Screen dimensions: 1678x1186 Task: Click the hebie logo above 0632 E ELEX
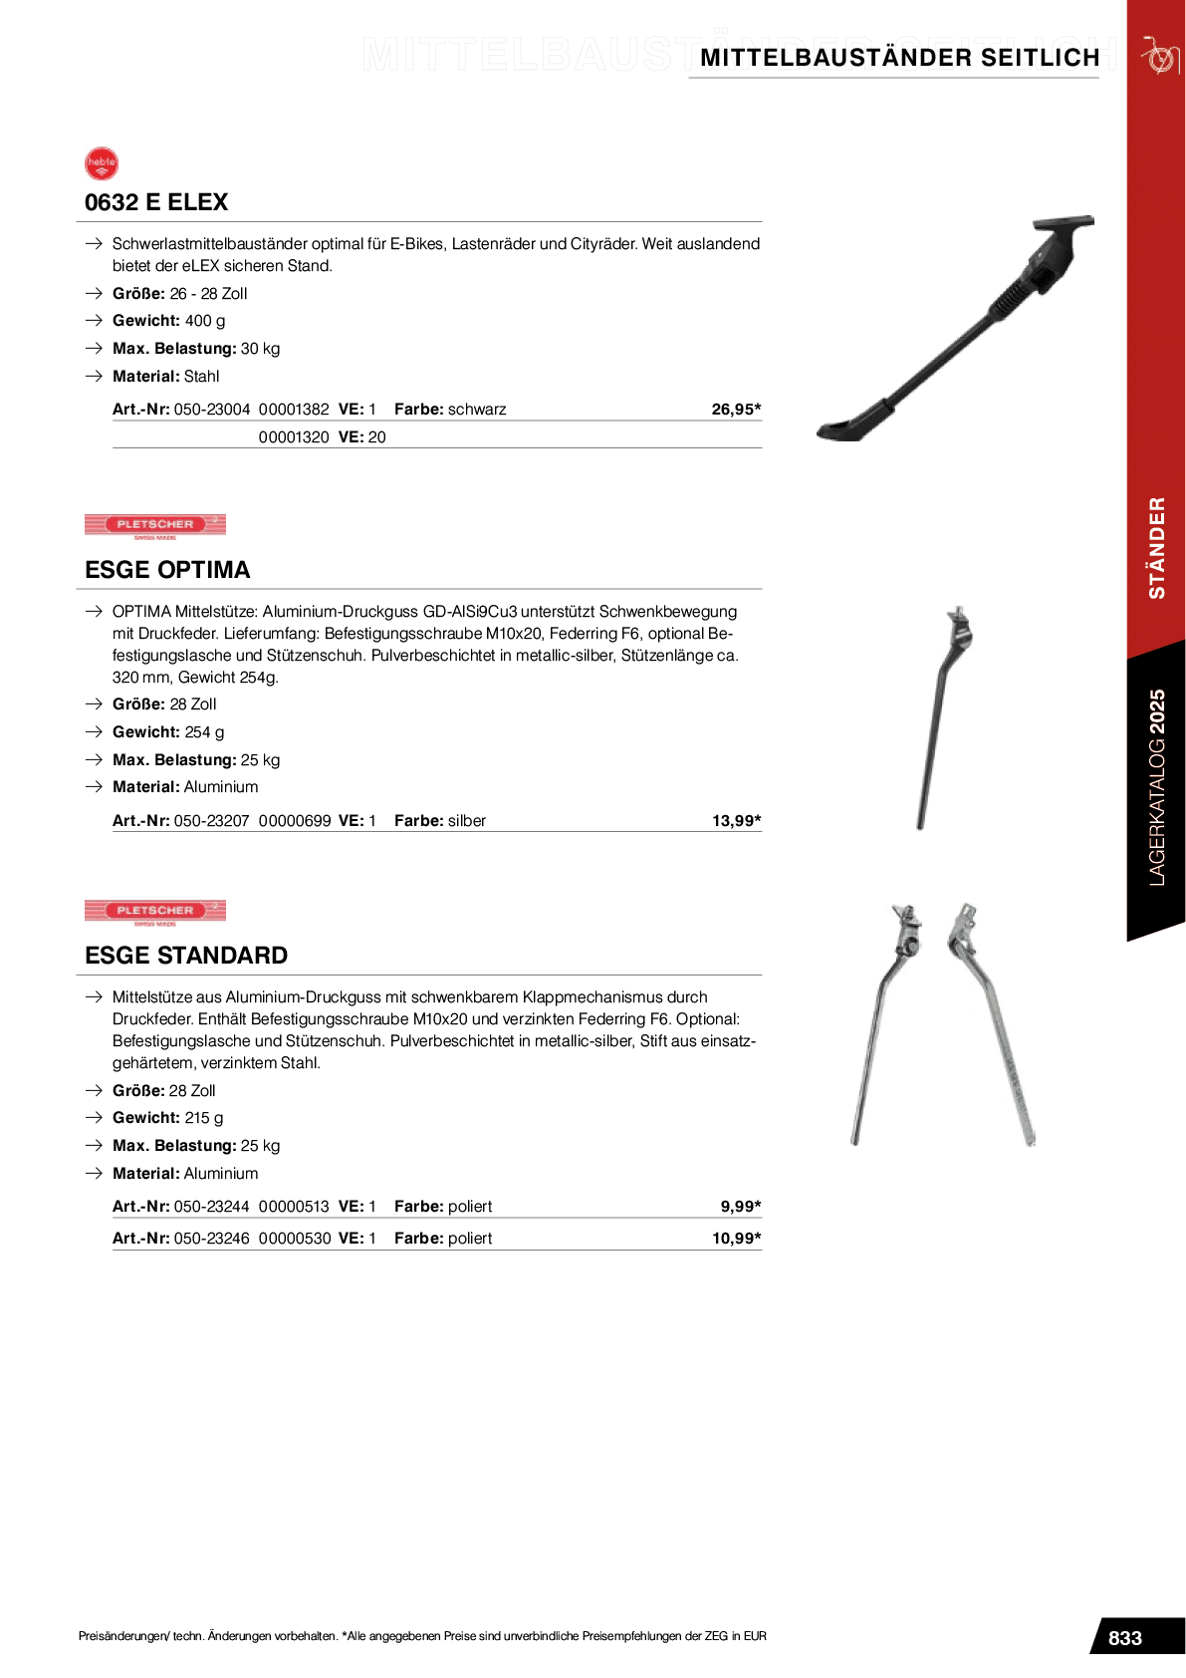[x=102, y=164]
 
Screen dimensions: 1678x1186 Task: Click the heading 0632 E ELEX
[x=156, y=202]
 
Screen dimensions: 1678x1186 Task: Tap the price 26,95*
[x=736, y=410]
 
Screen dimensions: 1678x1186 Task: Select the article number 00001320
[x=293, y=437]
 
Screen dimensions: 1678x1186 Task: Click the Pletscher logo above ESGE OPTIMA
[x=155, y=526]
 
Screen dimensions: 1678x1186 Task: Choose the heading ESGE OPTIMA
[x=167, y=570]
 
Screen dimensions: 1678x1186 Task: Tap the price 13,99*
[x=736, y=821]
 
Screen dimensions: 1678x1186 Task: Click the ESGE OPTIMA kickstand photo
[x=944, y=716]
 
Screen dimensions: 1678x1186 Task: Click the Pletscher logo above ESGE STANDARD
[x=155, y=913]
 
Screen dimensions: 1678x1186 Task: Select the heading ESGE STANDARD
[x=186, y=956]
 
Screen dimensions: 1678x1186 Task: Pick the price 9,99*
[x=740, y=1207]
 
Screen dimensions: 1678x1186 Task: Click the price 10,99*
[x=736, y=1239]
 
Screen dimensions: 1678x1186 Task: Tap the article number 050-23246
[x=211, y=1239]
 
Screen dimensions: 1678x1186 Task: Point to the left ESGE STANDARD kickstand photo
[x=885, y=1024]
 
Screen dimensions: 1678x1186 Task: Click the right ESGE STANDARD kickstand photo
[x=991, y=1024]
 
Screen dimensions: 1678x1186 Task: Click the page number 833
[x=1125, y=1638]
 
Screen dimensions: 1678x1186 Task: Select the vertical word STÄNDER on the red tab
[x=1157, y=548]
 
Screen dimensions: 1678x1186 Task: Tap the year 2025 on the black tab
[x=1157, y=711]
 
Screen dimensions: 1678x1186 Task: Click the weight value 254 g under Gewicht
[x=204, y=732]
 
